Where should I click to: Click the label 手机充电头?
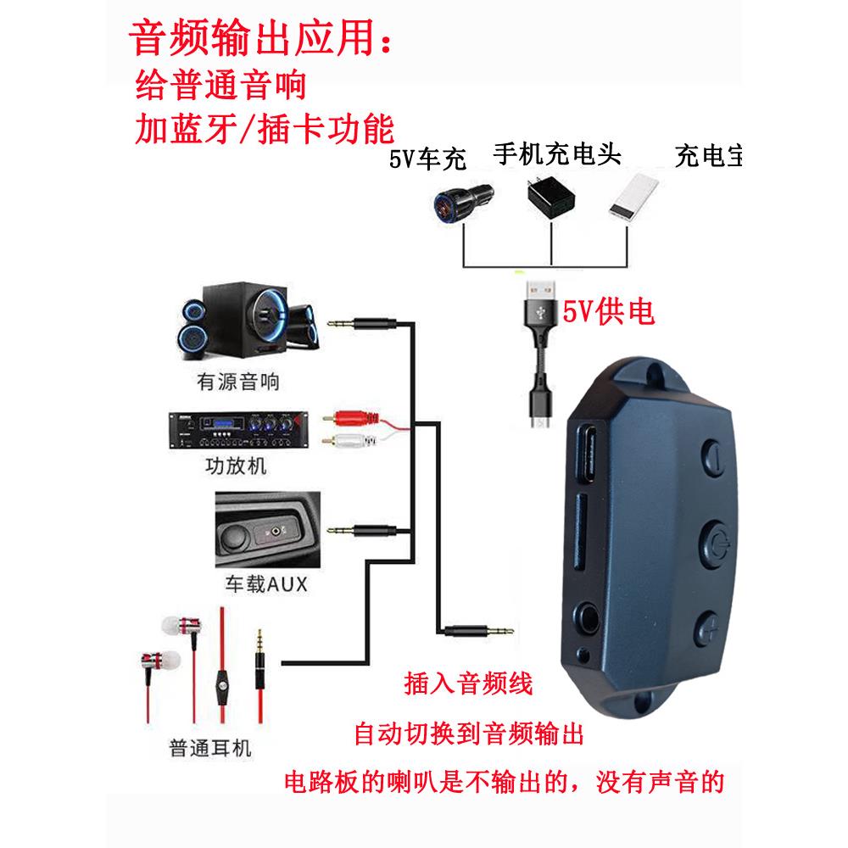tap(556, 154)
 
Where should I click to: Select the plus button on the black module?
tap(711, 628)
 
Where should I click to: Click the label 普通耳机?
tap(210, 750)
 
